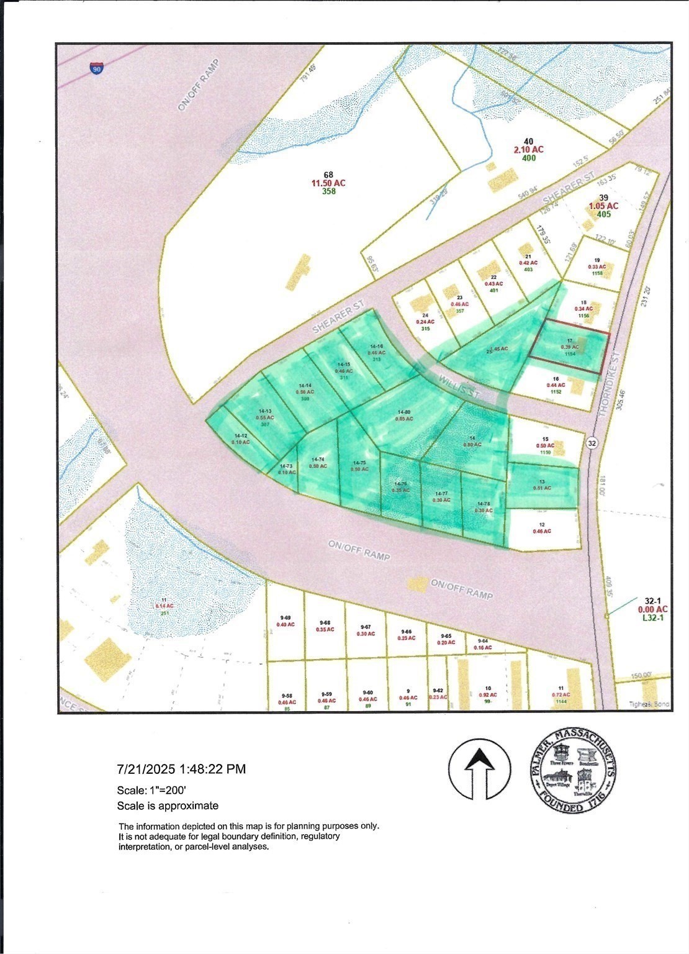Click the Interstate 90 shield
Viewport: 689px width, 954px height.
(97, 68)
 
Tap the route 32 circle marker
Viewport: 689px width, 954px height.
(592, 443)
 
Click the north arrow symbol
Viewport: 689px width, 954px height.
(479, 769)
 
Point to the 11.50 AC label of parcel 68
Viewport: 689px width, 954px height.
(328, 183)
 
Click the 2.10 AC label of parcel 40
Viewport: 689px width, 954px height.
(528, 150)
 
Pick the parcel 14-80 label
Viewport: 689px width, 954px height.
(404, 415)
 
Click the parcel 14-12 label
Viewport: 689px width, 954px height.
(240, 438)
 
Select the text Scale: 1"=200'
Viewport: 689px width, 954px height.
(152, 791)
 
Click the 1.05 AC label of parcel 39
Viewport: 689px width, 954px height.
(603, 206)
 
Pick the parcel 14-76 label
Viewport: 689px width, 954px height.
(402, 486)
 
